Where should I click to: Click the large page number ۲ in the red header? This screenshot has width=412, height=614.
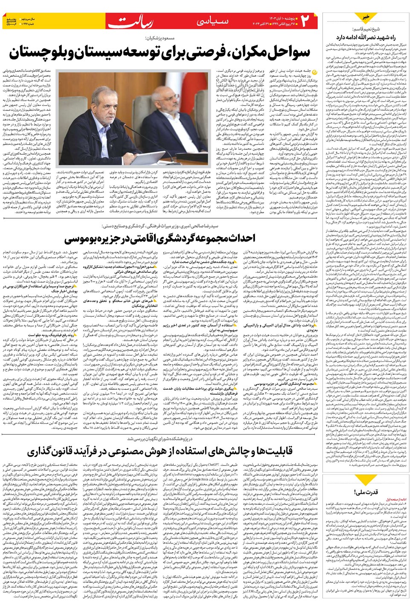tap(307, 21)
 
